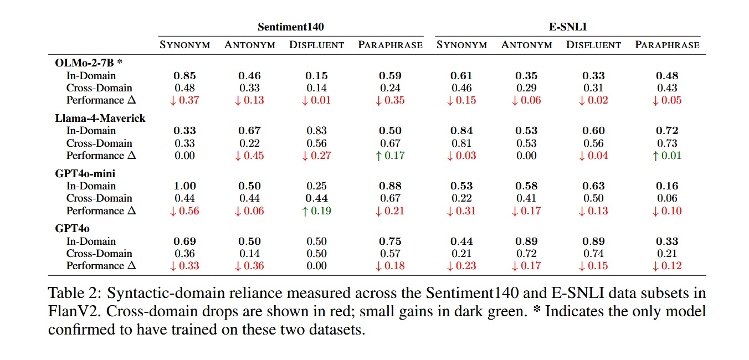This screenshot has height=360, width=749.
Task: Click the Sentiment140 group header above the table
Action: [290, 27]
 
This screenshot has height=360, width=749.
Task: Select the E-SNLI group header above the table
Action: [567, 27]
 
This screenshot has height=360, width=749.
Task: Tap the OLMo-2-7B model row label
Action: [89, 63]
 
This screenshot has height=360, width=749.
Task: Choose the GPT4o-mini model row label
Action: [85, 173]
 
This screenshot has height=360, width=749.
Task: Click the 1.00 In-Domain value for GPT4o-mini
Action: [184, 186]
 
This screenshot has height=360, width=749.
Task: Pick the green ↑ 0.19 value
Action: [316, 211]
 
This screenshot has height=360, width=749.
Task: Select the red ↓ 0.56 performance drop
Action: [184, 211]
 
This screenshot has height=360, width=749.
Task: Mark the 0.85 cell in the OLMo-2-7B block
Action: [184, 76]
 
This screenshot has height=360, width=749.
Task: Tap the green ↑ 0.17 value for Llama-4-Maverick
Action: [390, 156]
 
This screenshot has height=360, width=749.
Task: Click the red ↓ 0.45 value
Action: [249, 156]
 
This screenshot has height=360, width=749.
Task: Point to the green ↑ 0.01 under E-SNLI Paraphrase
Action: [667, 156]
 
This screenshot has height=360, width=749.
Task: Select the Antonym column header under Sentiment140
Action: [249, 45]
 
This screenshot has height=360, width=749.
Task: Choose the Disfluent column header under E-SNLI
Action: [593, 45]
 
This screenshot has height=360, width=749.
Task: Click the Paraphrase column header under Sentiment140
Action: [390, 45]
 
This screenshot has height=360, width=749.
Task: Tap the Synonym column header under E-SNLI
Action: [461, 45]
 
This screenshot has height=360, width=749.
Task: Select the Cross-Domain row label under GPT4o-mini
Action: [99, 198]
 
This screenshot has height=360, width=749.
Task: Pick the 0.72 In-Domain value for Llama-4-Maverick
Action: [667, 131]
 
